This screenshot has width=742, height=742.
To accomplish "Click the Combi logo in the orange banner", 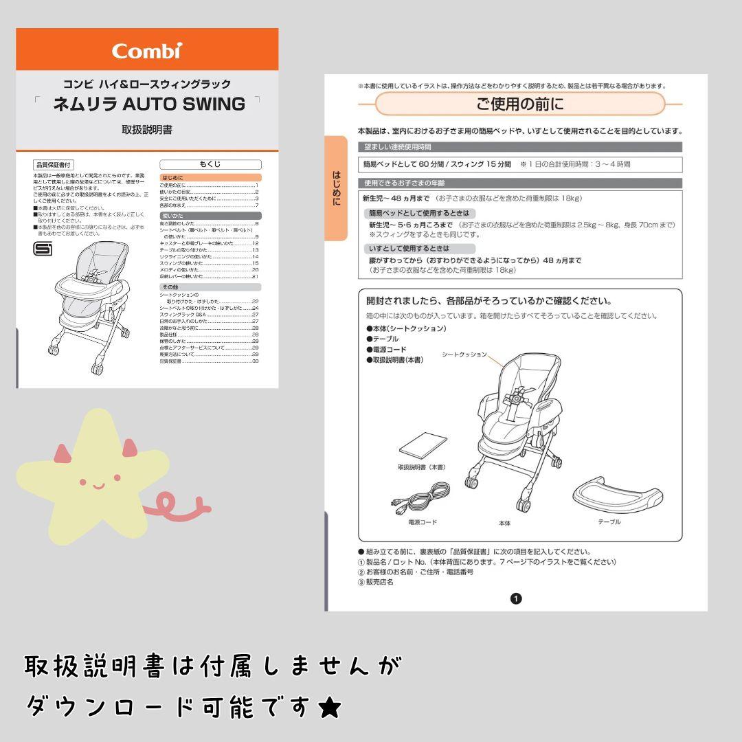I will [x=147, y=50].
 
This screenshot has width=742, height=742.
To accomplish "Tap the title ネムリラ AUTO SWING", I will [x=148, y=104].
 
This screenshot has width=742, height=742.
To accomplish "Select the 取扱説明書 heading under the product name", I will [x=147, y=130].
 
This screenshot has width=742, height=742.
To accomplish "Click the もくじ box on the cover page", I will [x=210, y=164].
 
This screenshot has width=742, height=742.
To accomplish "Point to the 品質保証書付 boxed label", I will [x=52, y=165].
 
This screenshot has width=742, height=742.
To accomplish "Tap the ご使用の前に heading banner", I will [x=520, y=104].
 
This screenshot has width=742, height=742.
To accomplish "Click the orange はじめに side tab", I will [x=336, y=188].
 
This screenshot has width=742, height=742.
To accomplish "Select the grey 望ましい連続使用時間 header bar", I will [x=520, y=147].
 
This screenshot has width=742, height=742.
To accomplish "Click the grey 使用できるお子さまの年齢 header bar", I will [x=520, y=183].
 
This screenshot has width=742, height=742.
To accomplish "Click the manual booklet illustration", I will [x=422, y=448].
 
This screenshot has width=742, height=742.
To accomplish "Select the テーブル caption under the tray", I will [x=609, y=522].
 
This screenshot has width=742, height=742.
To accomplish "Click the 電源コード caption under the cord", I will [x=422, y=522].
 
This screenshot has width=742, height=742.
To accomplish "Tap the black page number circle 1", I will [x=517, y=598].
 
